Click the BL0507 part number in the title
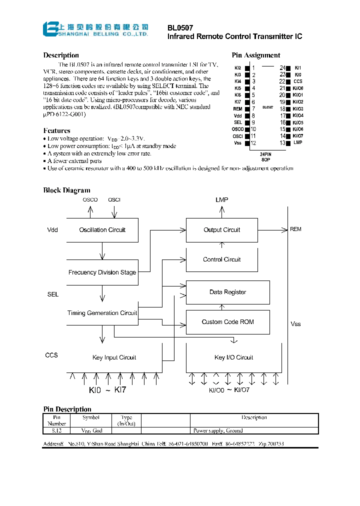click(x=180, y=28)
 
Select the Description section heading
click(x=61, y=55)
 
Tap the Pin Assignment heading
click(x=255, y=55)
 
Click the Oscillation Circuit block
click(x=102, y=230)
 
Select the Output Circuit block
click(x=221, y=230)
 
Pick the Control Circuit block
click(x=221, y=259)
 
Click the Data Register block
click(x=227, y=292)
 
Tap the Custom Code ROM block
click(x=227, y=322)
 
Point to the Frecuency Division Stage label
click(x=102, y=272)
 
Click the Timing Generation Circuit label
click(x=102, y=313)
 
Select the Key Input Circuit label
click(x=114, y=357)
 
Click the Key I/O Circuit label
click(x=233, y=357)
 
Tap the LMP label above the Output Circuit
click(x=221, y=200)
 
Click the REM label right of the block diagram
click(x=295, y=229)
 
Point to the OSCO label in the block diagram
click(x=90, y=200)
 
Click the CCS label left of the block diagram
click(x=51, y=355)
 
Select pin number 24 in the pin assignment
click(x=282, y=67)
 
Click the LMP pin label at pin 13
click(x=297, y=143)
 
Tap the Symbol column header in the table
click(x=91, y=417)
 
